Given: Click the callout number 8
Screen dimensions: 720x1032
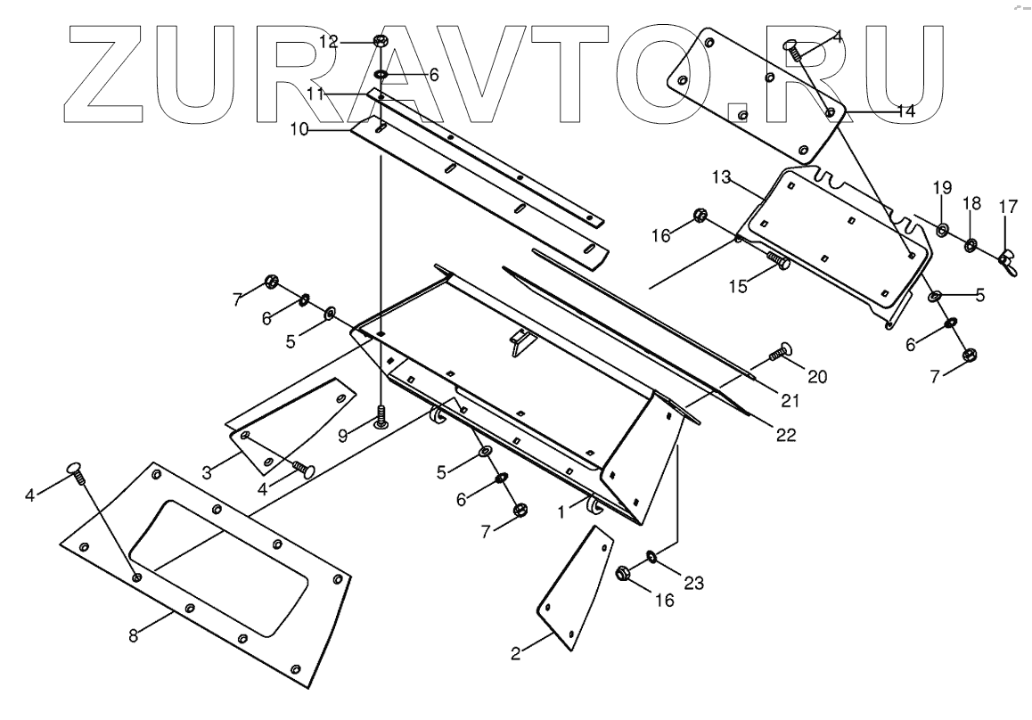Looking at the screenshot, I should click(x=133, y=637).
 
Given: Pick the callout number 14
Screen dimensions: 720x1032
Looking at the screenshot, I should click(x=905, y=111).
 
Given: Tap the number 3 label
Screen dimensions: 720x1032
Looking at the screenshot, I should click(x=207, y=473).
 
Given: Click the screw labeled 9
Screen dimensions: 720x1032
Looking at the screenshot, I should click(x=381, y=416).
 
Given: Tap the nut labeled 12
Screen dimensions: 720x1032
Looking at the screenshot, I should click(x=380, y=41).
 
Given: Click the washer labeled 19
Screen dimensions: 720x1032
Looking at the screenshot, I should click(x=942, y=232).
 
